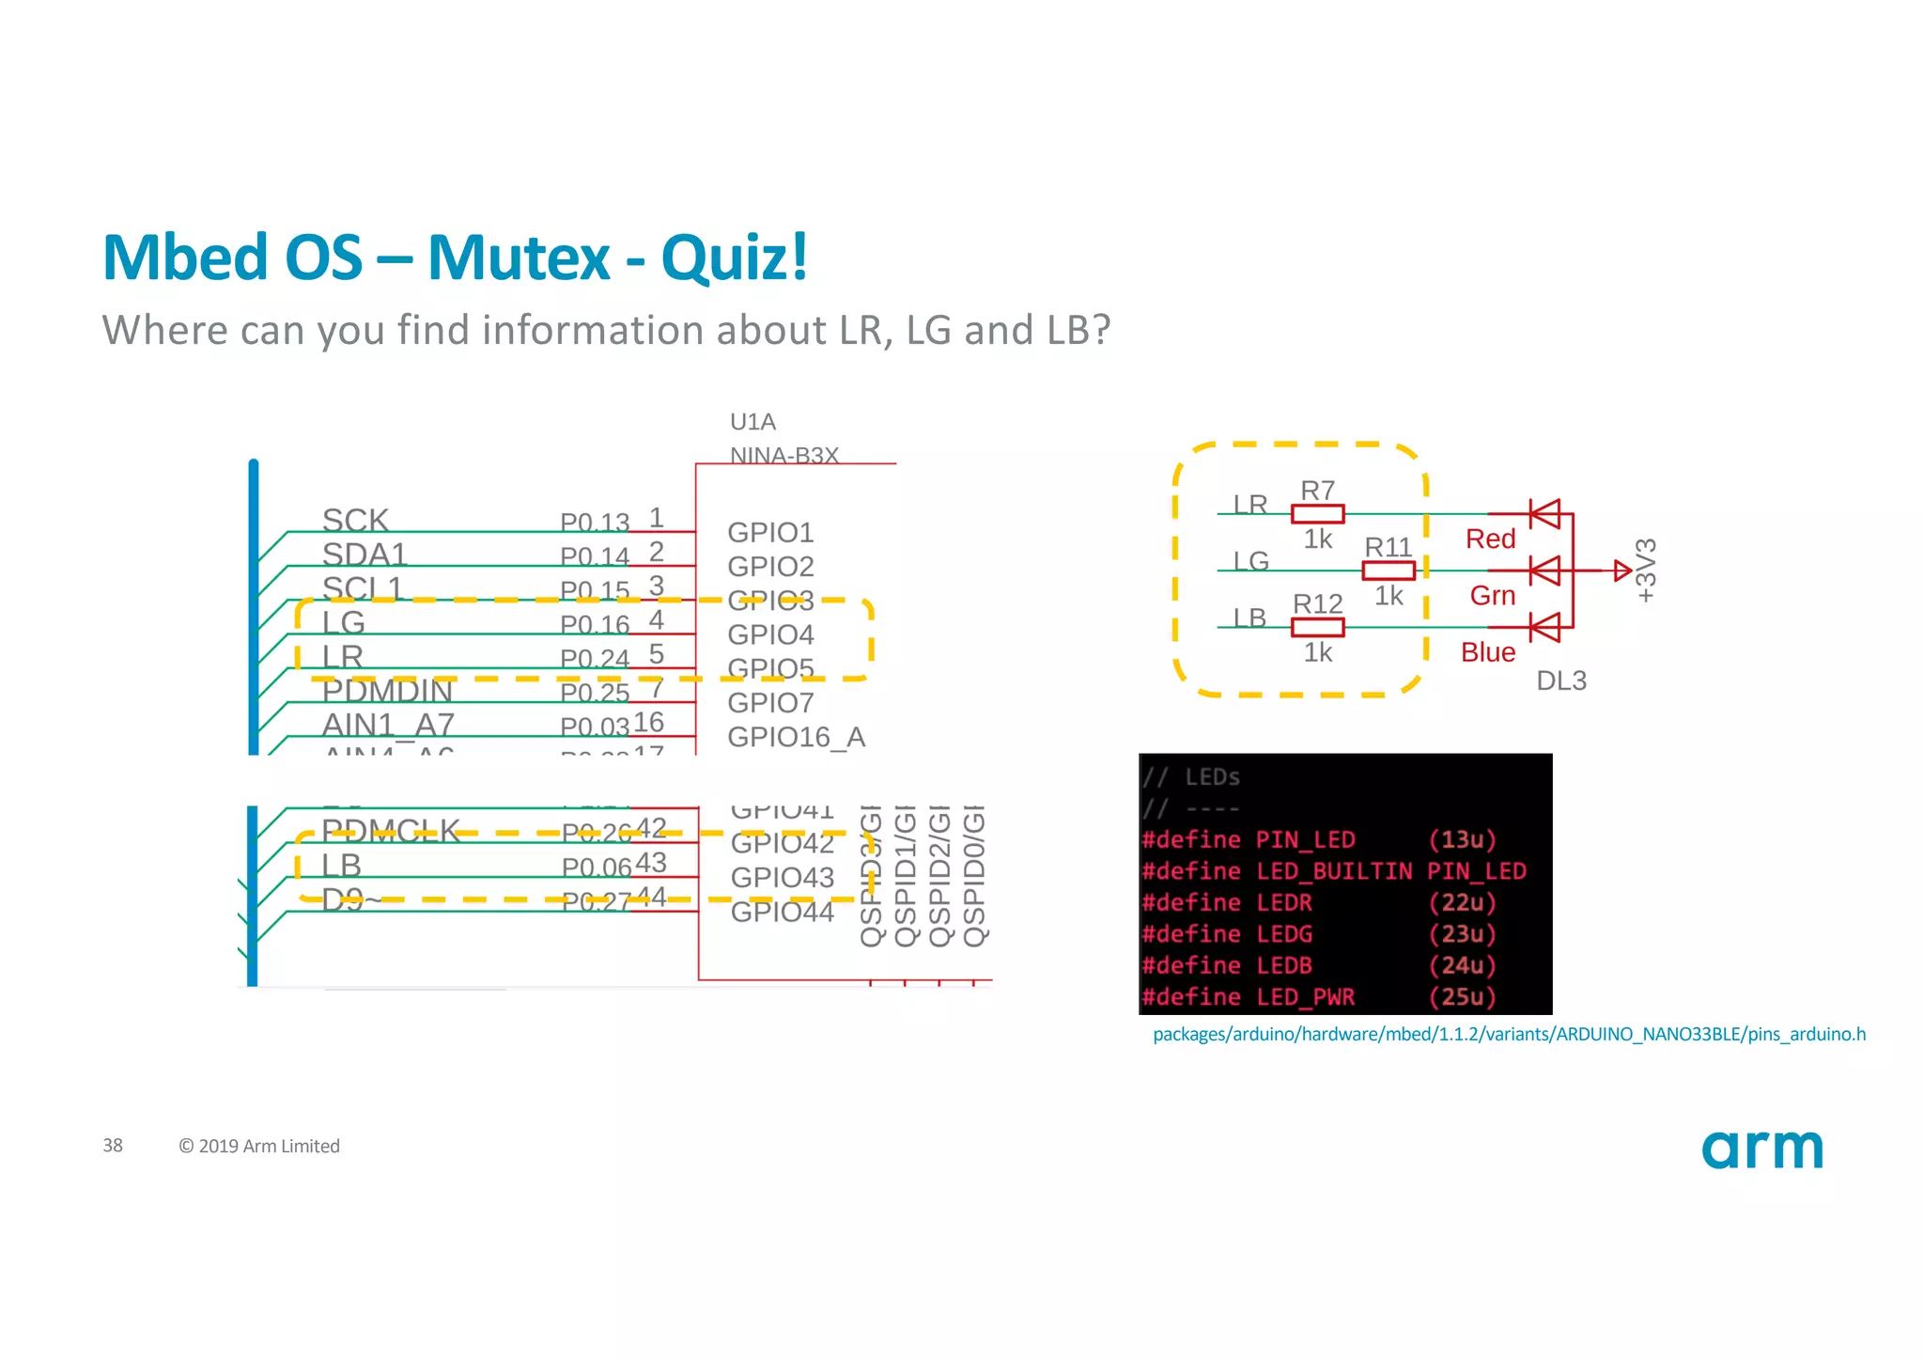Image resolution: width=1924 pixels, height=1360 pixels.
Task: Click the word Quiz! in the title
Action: pyautogui.click(x=734, y=258)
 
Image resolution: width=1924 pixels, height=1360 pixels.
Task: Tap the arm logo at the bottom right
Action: pyautogui.click(x=1761, y=1149)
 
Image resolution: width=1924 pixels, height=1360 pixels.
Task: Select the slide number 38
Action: pyautogui.click(x=113, y=1146)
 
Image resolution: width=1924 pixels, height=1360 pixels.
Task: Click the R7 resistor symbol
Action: pyautogui.click(x=1317, y=514)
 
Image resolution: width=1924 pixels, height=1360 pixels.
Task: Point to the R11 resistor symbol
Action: pyautogui.click(x=1388, y=571)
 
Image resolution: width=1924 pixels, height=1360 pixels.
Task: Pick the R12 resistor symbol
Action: pyautogui.click(x=1317, y=627)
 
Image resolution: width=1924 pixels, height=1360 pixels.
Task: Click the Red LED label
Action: pyautogui.click(x=1490, y=539)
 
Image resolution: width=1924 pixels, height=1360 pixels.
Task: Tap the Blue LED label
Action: pyautogui.click(x=1488, y=652)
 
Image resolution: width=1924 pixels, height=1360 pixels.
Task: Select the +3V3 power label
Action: pyautogui.click(x=1646, y=571)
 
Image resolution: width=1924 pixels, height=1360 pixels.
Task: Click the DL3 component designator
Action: pyautogui.click(x=1560, y=680)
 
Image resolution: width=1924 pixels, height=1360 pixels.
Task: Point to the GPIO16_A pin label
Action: pyautogui.click(x=796, y=737)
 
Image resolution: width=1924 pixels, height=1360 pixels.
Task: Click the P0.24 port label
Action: pyautogui.click(x=594, y=659)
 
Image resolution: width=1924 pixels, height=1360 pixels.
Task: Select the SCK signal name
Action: pyautogui.click(x=355, y=520)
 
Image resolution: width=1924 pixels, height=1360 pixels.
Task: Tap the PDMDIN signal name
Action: pyautogui.click(x=387, y=691)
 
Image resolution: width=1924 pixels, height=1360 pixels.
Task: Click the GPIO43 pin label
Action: pyautogui.click(x=782, y=877)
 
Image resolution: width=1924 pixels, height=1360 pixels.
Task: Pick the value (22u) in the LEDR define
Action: pyautogui.click(x=1462, y=902)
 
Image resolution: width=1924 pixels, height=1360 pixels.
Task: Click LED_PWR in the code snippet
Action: pyautogui.click(x=1305, y=997)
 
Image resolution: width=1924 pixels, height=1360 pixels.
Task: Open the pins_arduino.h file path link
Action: pyautogui.click(x=1509, y=1035)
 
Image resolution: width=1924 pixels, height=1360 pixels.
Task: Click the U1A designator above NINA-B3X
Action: pyautogui.click(x=753, y=422)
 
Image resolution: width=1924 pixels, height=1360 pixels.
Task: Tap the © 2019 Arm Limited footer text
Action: pyautogui.click(x=259, y=1147)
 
